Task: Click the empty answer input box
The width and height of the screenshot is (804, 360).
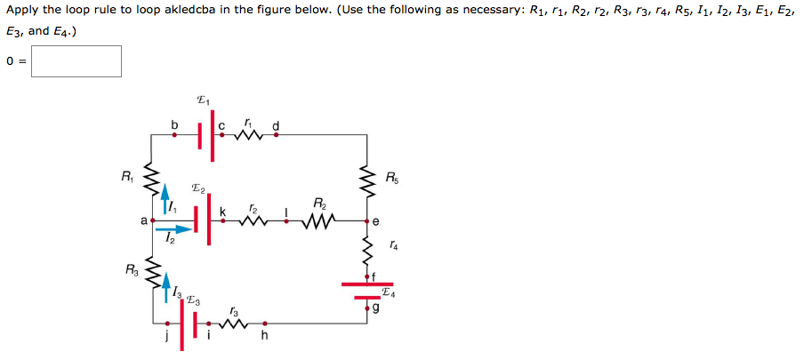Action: [x=76, y=61]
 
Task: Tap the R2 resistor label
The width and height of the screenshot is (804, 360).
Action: [x=319, y=203]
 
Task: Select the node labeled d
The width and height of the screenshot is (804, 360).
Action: [x=276, y=134]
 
